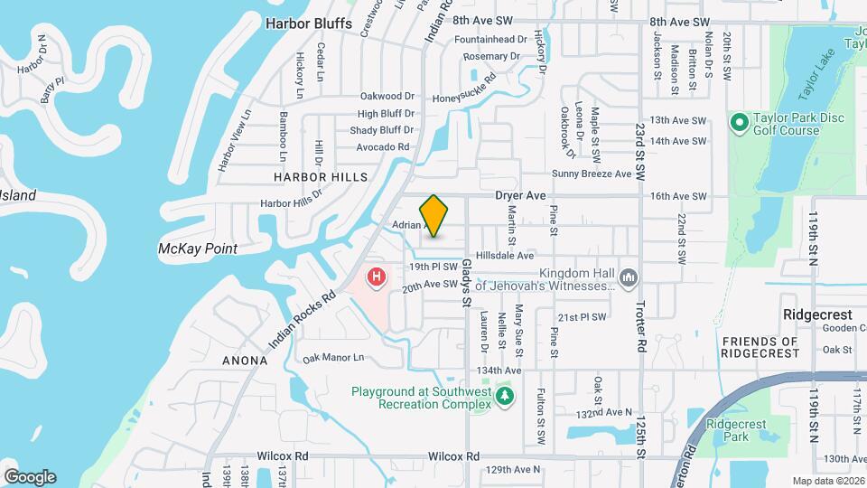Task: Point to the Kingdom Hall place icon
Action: coord(629,275)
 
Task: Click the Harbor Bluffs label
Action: coord(309,23)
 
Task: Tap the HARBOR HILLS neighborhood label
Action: coord(312,177)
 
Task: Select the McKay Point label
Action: coord(197,249)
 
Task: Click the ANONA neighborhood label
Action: coord(245,361)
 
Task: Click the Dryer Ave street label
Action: coord(521,195)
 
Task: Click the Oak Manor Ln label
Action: coord(333,358)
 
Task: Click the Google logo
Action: coord(30,477)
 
